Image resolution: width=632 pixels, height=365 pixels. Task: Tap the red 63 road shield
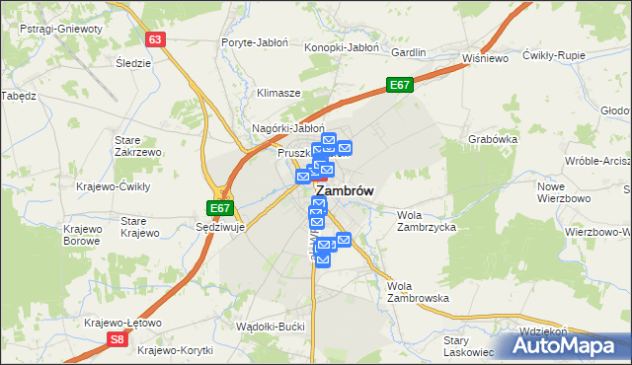pos(156,39)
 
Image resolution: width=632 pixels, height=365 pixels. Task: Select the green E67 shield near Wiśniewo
pos(399,86)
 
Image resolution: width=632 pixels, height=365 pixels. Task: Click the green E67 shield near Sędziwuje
pos(220,208)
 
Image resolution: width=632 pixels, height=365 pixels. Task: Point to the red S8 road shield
pos(118,339)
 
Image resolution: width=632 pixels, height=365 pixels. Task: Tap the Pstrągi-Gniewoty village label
pos(60,29)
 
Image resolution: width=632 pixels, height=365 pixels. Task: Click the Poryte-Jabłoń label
pos(254,44)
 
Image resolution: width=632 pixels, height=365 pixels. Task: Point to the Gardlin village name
pos(409,51)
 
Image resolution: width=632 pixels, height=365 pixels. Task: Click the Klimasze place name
pos(278,93)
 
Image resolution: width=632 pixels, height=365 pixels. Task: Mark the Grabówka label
pos(493,139)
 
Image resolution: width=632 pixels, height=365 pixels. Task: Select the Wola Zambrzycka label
pos(426,221)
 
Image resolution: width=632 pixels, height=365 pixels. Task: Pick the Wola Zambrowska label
pos(419,291)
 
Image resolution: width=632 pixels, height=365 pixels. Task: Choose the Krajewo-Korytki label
pos(178,350)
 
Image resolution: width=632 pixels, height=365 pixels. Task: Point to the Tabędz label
pos(19,96)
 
